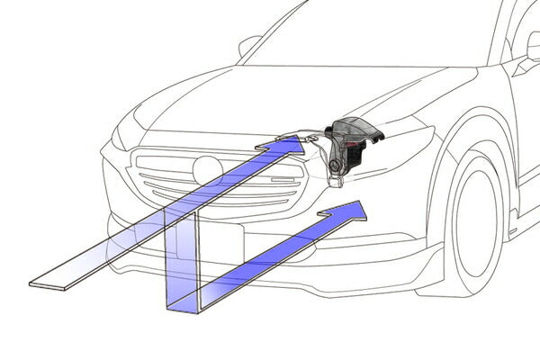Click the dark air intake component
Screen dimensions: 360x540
click(x=351, y=144)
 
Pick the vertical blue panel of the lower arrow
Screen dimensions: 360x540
click(x=180, y=261)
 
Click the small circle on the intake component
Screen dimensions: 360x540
click(x=334, y=166)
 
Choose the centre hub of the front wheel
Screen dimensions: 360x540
click(x=486, y=225)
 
